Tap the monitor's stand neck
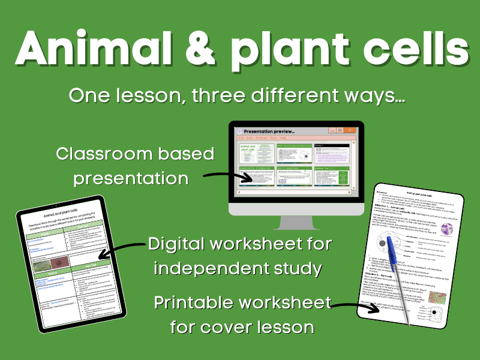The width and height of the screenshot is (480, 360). tap(296, 217)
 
